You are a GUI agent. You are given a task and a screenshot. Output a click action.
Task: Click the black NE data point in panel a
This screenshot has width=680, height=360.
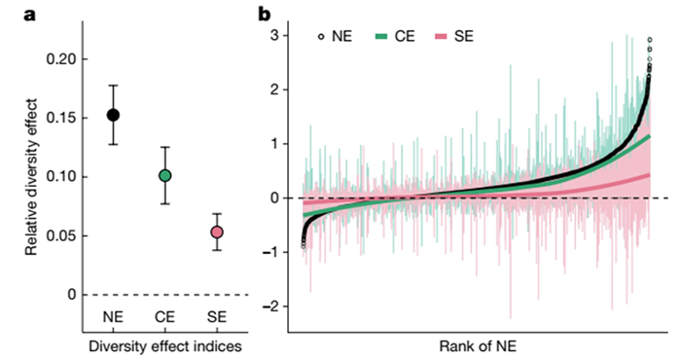pyautogui.click(x=113, y=115)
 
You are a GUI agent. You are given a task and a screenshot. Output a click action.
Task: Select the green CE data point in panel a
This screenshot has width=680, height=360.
pyautogui.click(x=164, y=176)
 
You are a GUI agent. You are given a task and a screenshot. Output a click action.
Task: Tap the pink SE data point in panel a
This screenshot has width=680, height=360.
pyautogui.click(x=217, y=233)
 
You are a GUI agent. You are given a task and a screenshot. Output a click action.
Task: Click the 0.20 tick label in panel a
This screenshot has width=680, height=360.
pyautogui.click(x=60, y=59)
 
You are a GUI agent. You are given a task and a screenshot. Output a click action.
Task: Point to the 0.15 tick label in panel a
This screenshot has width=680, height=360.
pyautogui.click(x=60, y=118)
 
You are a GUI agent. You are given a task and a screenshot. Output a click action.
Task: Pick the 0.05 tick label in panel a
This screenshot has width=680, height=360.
pyautogui.click(x=60, y=236)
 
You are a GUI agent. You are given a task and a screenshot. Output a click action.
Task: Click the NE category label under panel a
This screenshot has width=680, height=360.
pyautogui.click(x=113, y=317)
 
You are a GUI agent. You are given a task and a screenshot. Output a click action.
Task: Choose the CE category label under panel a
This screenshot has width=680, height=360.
pyautogui.click(x=164, y=317)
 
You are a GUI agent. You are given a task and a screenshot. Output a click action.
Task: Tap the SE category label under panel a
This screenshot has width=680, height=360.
pyautogui.click(x=217, y=317)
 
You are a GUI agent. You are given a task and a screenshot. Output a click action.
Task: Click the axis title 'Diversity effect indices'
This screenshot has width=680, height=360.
pyautogui.click(x=165, y=346)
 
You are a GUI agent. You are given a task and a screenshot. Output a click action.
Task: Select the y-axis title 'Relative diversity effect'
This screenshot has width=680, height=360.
pyautogui.click(x=31, y=177)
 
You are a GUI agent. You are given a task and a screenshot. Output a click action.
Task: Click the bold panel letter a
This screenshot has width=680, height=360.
pyautogui.click(x=29, y=15)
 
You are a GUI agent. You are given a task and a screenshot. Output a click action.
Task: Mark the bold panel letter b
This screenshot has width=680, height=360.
pyautogui.click(x=264, y=14)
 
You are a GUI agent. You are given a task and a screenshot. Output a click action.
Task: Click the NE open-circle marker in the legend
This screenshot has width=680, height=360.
pyautogui.click(x=321, y=37)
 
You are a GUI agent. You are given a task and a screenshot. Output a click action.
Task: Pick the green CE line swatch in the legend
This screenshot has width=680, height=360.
pyautogui.click(x=380, y=37)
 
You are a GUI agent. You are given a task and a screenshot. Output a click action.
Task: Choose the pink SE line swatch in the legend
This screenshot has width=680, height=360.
pyautogui.click(x=441, y=37)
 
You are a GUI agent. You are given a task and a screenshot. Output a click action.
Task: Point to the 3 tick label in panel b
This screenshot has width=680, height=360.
pyautogui.click(x=274, y=35)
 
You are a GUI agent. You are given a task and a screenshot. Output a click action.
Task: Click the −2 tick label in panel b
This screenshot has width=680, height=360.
pyautogui.click(x=271, y=306)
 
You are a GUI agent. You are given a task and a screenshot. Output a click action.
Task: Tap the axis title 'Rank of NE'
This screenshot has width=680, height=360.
pyautogui.click(x=478, y=346)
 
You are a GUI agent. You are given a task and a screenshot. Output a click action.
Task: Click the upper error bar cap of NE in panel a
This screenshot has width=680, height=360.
pyautogui.click(x=113, y=86)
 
